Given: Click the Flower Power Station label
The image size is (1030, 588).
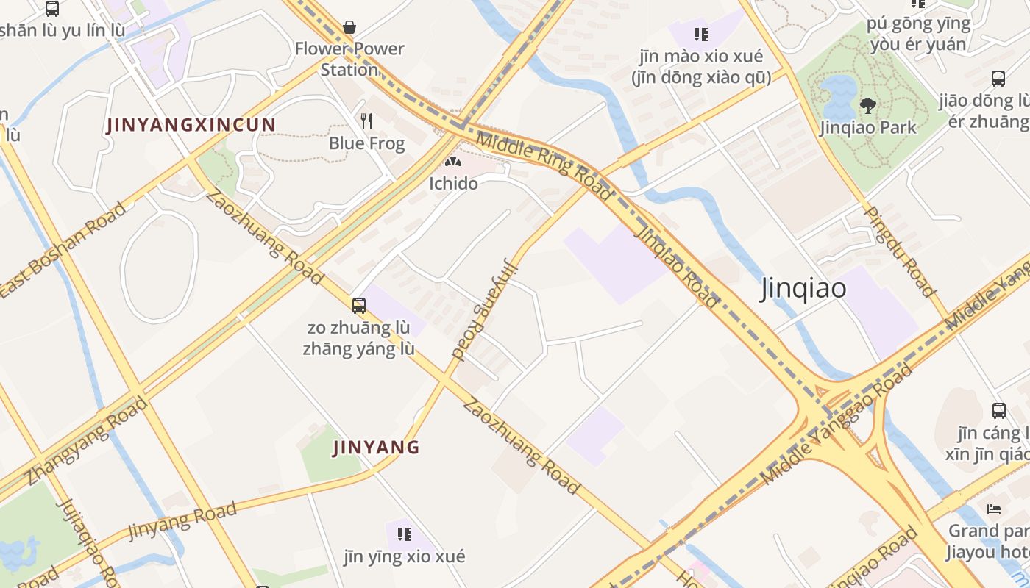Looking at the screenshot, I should pyautogui.click(x=349, y=59).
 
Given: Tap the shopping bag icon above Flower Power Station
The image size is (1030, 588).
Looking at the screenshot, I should pyautogui.click(x=349, y=28).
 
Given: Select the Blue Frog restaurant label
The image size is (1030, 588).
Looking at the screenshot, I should pyautogui.click(x=366, y=143).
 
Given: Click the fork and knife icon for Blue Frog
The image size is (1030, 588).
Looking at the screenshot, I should pyautogui.click(x=366, y=121).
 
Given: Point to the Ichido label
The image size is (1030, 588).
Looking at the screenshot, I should pyautogui.click(x=453, y=183).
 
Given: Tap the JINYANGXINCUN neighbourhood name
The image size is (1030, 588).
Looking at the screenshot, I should pyautogui.click(x=191, y=125).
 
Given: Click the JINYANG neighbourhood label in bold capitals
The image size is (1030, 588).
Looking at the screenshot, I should pyautogui.click(x=376, y=447).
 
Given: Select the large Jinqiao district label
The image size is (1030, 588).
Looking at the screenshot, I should pyautogui.click(x=803, y=288).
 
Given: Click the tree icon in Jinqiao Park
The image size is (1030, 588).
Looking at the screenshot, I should pyautogui.click(x=868, y=105).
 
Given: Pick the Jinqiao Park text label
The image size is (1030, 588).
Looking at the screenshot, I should pyautogui.click(x=868, y=127).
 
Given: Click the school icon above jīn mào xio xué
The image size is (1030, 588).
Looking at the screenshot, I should pyautogui.click(x=701, y=34).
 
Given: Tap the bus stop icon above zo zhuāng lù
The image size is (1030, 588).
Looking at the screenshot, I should pyautogui.click(x=358, y=305).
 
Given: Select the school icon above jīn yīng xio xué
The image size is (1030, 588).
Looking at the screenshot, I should pyautogui.click(x=404, y=534).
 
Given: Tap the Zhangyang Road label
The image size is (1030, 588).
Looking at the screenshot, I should pyautogui.click(x=87, y=441).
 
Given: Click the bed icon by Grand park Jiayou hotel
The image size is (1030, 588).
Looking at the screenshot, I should pyautogui.click(x=994, y=509).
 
